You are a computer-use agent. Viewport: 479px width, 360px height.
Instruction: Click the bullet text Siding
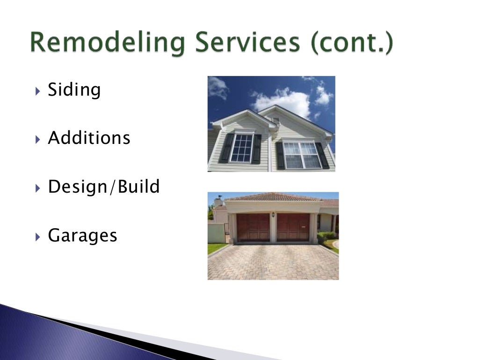74,90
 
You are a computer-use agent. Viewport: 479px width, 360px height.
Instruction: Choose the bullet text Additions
89,138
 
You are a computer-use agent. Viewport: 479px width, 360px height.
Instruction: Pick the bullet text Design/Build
103,187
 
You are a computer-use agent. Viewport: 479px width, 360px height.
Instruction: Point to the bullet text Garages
82,235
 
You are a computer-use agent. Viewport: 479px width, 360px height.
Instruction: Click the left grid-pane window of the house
241,148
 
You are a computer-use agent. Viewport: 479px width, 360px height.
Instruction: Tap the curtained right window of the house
301,155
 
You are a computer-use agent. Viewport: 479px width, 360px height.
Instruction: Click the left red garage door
253,227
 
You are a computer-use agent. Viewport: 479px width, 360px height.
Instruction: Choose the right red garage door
293,227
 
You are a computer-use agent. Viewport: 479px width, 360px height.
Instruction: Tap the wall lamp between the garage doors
273,214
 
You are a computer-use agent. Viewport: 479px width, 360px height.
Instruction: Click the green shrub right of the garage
326,235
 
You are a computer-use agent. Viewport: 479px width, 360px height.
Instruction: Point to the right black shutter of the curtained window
322,156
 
